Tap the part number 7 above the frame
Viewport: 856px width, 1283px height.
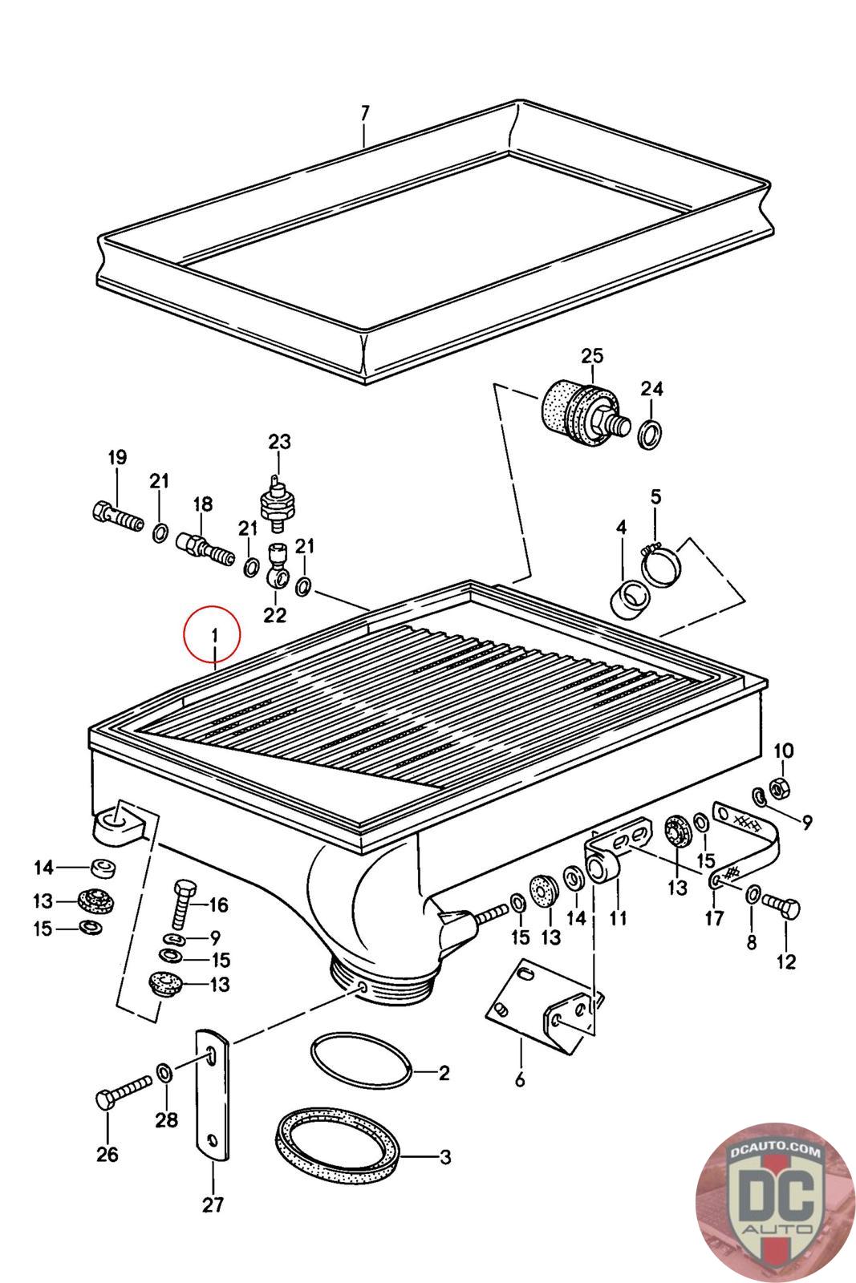click(x=365, y=113)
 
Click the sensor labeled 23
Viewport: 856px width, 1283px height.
click(x=278, y=502)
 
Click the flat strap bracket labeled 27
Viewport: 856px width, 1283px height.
click(x=213, y=1095)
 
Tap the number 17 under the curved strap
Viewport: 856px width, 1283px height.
click(x=713, y=918)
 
